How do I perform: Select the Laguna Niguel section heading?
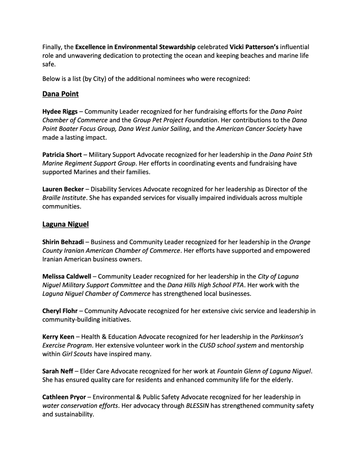coord(64,223)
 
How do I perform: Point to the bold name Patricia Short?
coord(62,155)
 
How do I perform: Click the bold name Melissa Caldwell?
coord(68,276)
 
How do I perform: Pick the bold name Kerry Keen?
coord(58,337)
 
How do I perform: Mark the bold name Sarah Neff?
coord(57,371)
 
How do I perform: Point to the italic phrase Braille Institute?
coord(64,198)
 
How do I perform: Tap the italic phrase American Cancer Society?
coord(251,129)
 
